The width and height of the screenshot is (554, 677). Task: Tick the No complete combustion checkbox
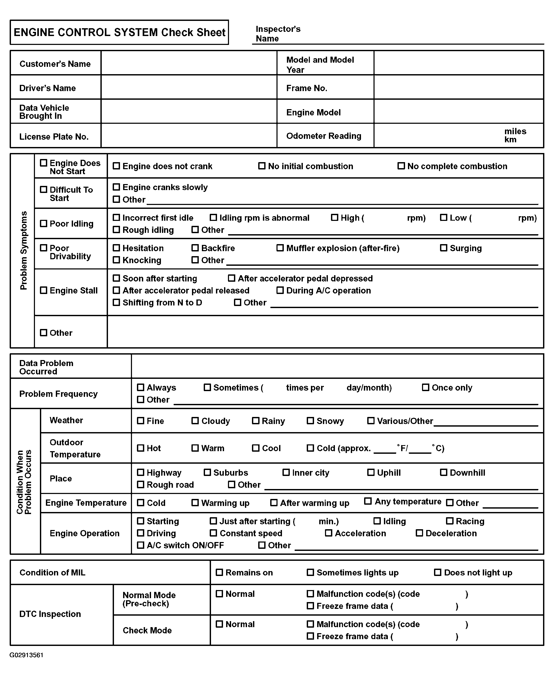[x=401, y=166]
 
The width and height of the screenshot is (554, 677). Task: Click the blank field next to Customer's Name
[x=189, y=63]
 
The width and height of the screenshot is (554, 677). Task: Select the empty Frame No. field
[x=459, y=87]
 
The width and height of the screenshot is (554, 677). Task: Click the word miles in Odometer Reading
[x=515, y=131]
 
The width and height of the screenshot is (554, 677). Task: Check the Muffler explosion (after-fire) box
[x=280, y=248]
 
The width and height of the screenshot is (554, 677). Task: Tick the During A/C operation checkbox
[x=280, y=290]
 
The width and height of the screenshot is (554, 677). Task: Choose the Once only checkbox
[x=426, y=387]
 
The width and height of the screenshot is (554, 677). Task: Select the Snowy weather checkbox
[x=310, y=421]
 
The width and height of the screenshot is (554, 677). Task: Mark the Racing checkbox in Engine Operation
[x=450, y=521]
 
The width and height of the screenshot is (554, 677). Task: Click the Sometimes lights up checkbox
[x=310, y=572]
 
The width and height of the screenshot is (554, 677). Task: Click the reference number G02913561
[x=27, y=655]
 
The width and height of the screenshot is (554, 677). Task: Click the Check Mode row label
[x=147, y=630]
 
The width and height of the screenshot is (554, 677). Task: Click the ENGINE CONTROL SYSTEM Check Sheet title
[x=119, y=32]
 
